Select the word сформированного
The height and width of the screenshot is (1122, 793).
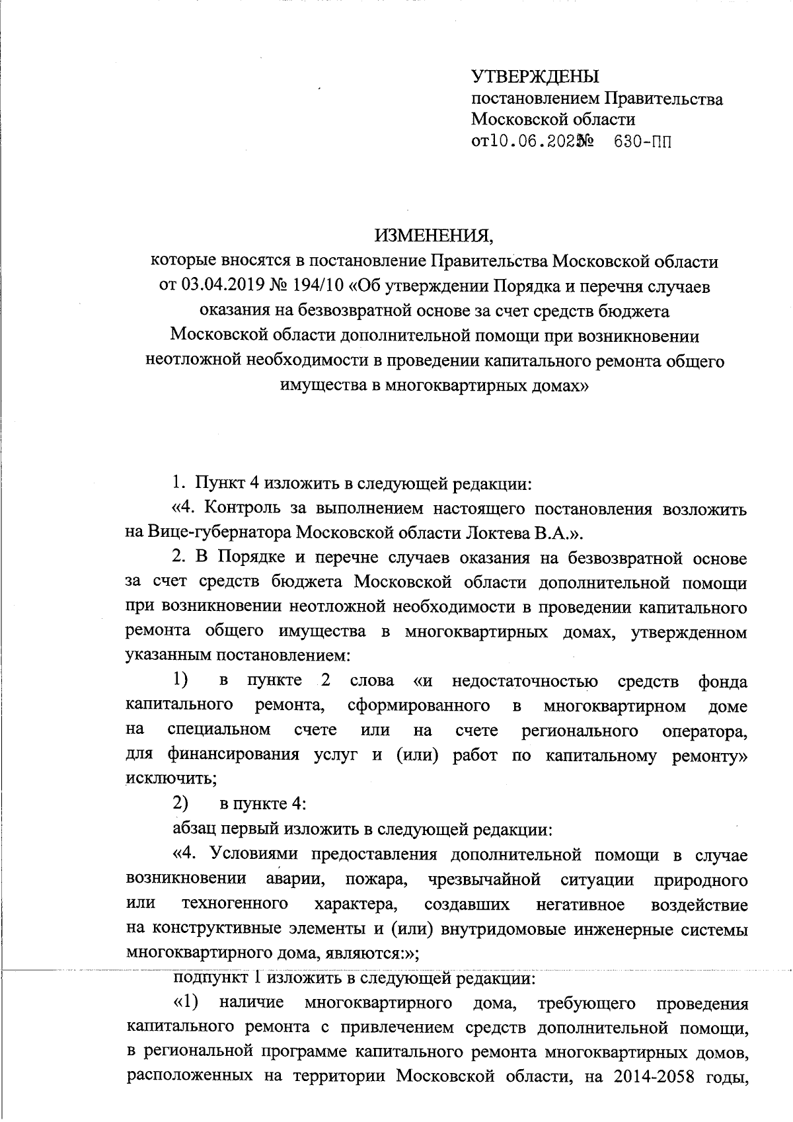point(418,705)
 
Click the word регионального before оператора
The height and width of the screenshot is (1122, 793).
point(580,730)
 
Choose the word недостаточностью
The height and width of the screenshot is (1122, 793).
point(525,681)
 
